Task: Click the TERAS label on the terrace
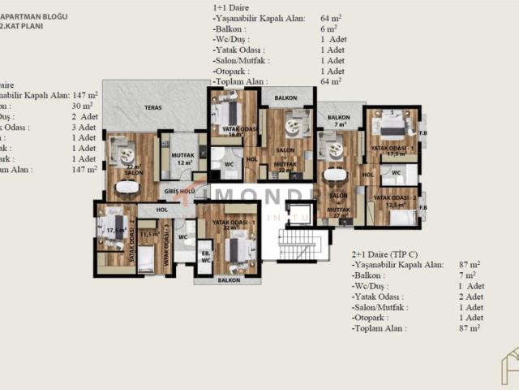click(152, 107)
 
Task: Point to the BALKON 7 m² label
click(338, 119)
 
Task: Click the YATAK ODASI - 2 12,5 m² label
click(395, 201)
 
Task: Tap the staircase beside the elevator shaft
click(302, 244)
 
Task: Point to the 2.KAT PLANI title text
click(22, 26)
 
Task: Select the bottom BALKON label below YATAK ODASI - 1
click(229, 280)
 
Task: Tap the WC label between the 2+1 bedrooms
click(397, 173)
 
